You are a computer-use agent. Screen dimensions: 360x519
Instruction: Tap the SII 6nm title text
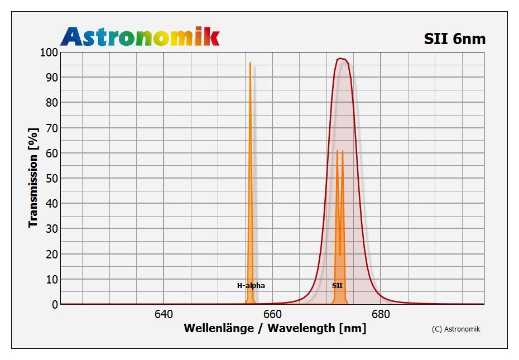click(455, 39)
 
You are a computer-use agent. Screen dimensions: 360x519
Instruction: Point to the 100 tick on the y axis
click(49, 52)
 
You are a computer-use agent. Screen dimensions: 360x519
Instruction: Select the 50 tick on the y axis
click(51, 179)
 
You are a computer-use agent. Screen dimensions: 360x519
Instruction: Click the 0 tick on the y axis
click(54, 305)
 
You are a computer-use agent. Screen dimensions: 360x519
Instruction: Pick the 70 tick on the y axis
click(51, 128)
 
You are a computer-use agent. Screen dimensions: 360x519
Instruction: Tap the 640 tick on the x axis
click(163, 314)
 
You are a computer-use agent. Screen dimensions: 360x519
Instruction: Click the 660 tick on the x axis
click(272, 314)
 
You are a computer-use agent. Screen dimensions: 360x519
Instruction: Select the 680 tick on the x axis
click(381, 314)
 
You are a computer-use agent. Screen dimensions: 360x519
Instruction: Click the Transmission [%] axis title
click(33, 177)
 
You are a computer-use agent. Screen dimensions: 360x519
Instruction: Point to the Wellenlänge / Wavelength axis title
click(275, 328)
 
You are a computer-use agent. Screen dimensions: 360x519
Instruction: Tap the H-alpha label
click(251, 286)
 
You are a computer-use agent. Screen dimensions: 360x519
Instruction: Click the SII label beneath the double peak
click(338, 286)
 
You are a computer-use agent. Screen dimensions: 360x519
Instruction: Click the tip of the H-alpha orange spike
click(250, 63)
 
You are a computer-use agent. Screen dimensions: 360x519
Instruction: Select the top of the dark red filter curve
click(341, 59)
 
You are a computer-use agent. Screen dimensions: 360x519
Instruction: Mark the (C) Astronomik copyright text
click(456, 329)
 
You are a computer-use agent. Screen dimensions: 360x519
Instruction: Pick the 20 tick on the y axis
click(51, 254)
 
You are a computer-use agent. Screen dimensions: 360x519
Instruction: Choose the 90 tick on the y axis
click(51, 78)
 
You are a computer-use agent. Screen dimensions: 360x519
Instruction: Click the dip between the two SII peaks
click(339, 256)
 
